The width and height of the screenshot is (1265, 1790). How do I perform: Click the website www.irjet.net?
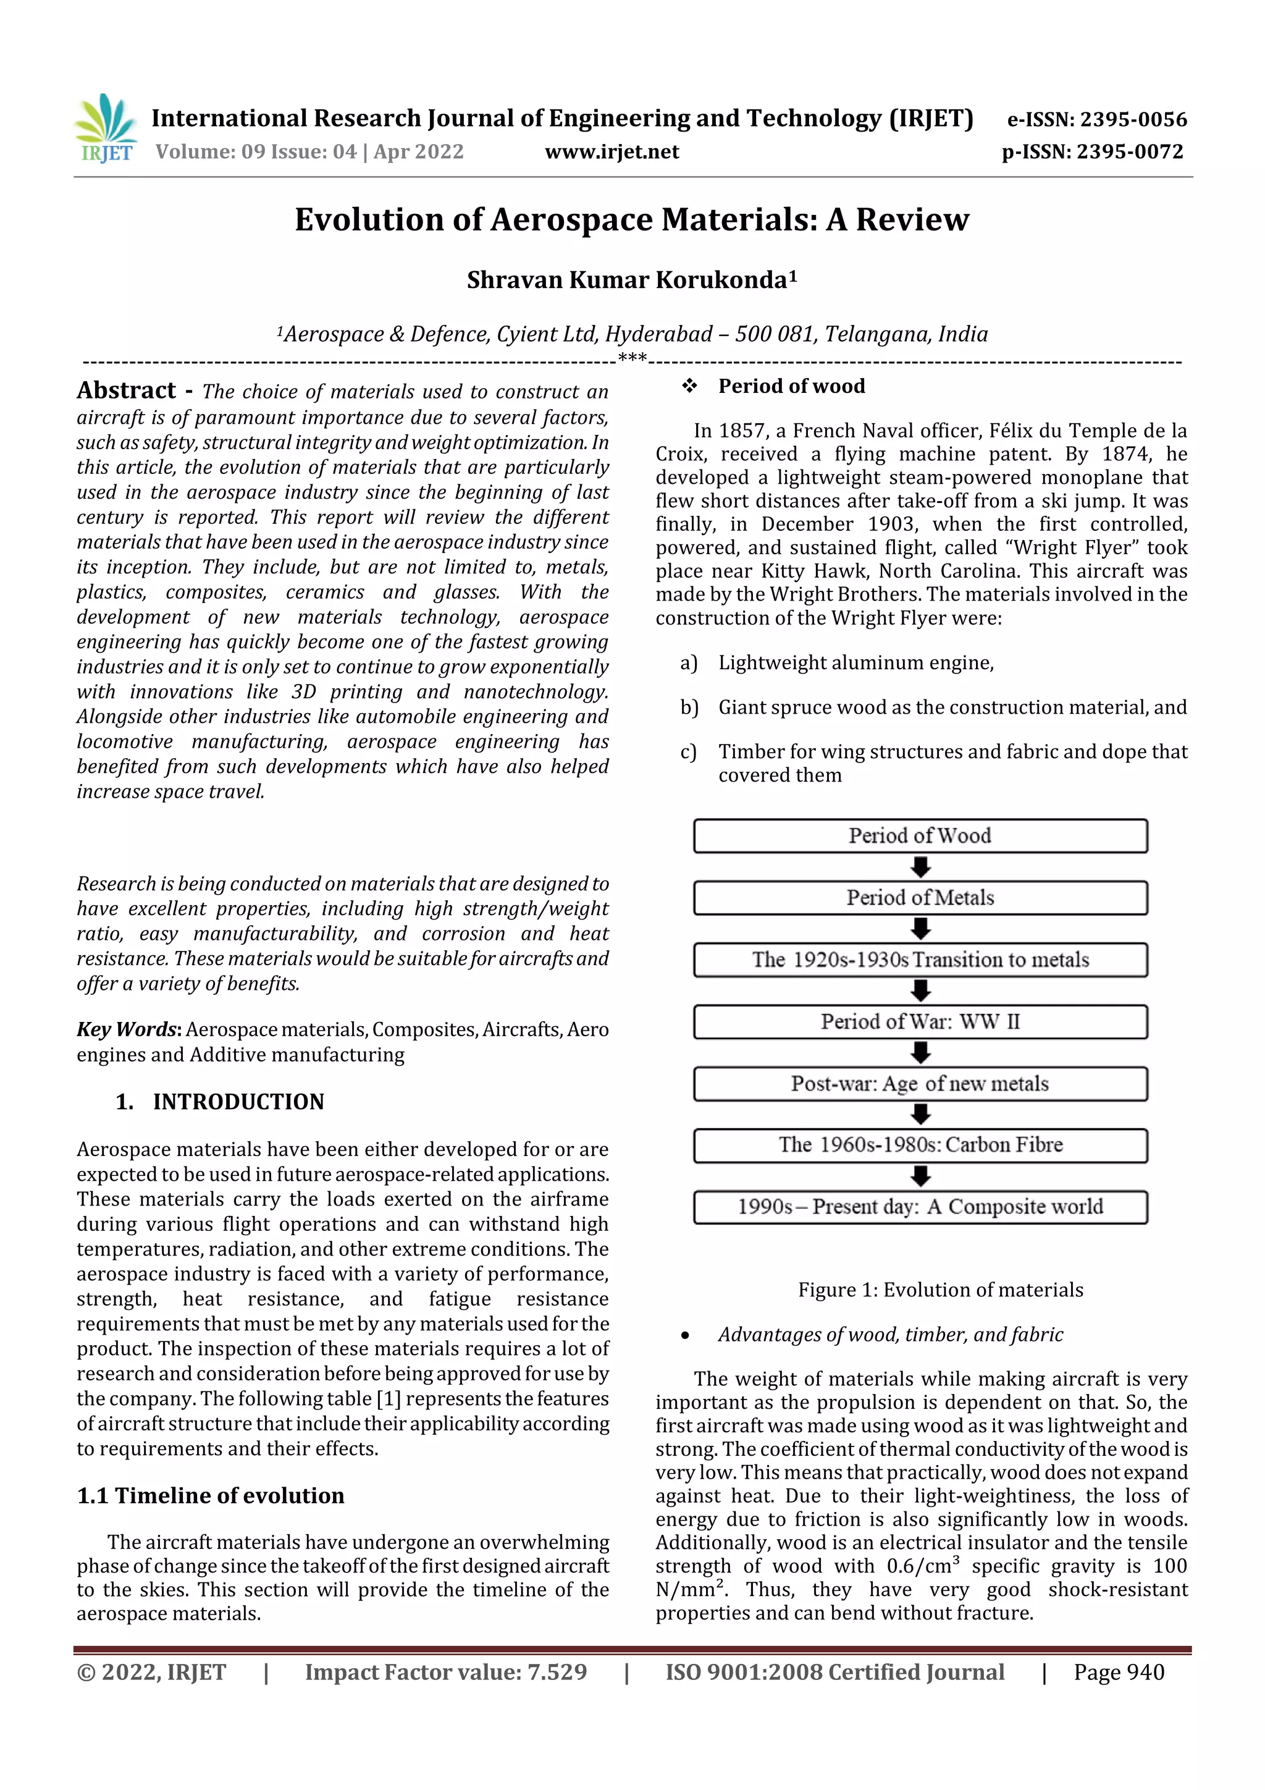tap(612, 151)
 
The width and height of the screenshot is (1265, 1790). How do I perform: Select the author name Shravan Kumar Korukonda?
tap(631, 280)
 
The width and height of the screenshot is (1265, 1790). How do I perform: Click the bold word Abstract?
tap(126, 390)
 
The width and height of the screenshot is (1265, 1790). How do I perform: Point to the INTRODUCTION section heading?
tap(238, 1102)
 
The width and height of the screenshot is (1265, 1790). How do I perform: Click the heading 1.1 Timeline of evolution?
tap(211, 1495)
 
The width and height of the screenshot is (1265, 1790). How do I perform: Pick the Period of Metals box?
tap(920, 897)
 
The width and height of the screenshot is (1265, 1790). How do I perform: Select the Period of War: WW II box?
tap(920, 1021)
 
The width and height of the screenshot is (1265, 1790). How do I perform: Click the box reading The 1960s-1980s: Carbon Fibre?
tap(920, 1144)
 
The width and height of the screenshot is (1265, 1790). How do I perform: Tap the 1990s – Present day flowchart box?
tap(920, 1207)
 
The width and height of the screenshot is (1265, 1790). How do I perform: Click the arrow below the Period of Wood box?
tap(920, 866)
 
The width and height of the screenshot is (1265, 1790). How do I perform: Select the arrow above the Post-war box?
tap(920, 1052)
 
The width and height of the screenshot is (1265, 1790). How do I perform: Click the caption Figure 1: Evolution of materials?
tap(940, 1290)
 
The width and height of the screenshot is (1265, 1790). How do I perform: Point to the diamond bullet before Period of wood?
tap(689, 386)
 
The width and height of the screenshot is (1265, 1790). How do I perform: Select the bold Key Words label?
tap(128, 1029)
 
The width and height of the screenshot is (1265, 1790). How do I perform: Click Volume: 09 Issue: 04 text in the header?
tap(309, 151)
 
